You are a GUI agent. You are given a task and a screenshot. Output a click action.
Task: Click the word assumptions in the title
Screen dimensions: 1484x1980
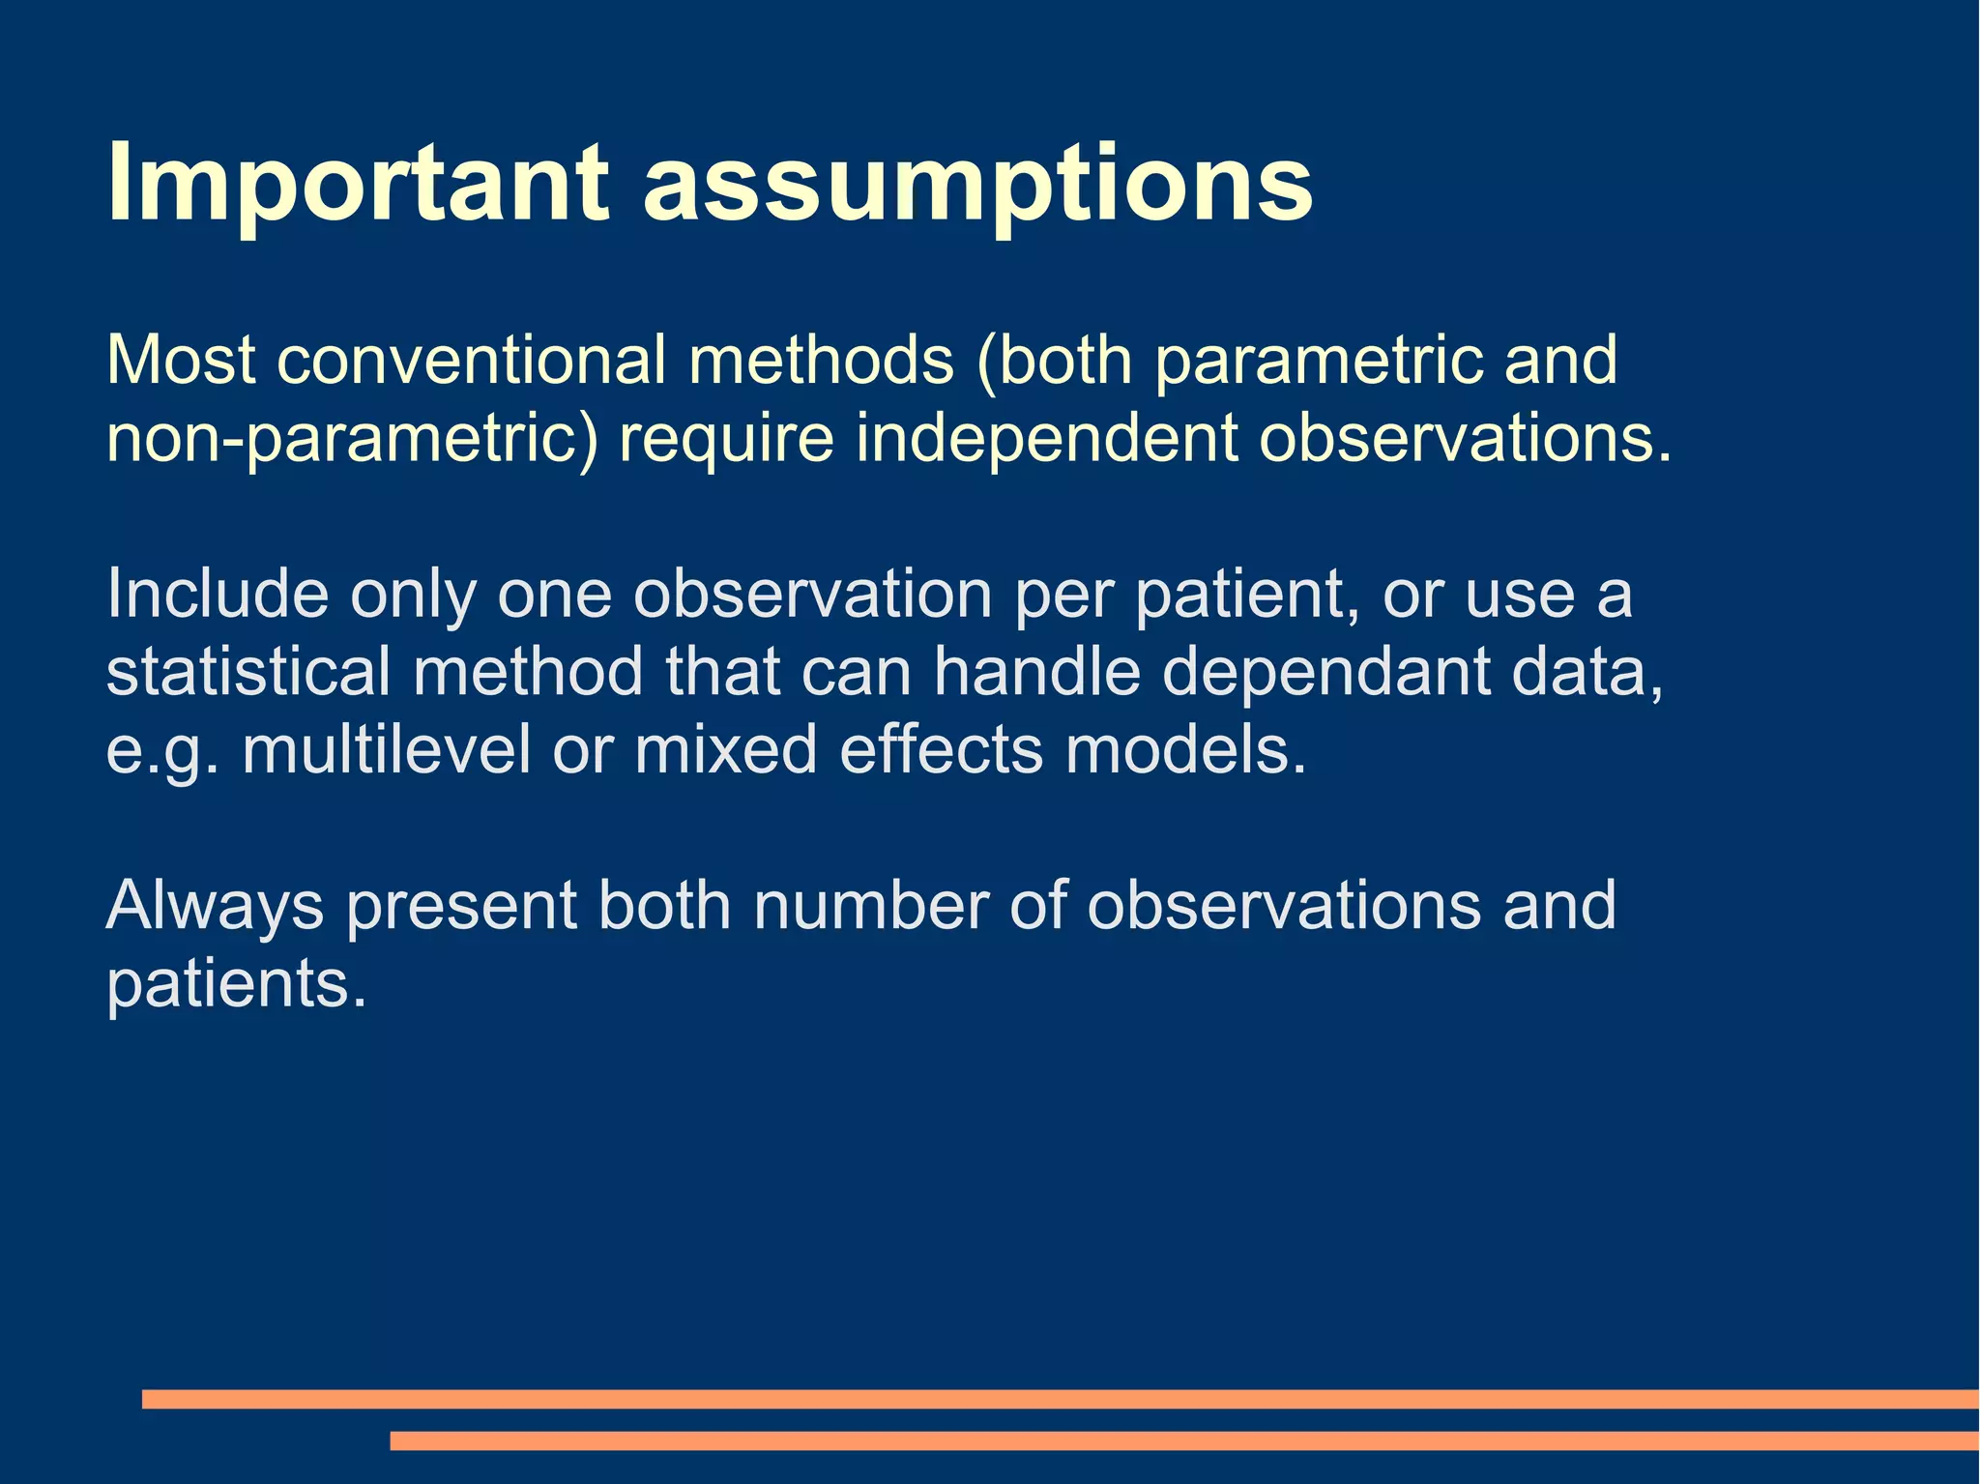pos(976,184)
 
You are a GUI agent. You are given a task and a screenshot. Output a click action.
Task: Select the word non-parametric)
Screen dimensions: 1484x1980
pos(352,438)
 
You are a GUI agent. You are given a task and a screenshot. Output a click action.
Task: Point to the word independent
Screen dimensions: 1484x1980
pos(1046,438)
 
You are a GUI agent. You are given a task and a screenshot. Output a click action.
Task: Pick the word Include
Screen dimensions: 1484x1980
pos(218,594)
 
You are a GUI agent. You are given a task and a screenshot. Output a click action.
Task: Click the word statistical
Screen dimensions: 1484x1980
pos(248,672)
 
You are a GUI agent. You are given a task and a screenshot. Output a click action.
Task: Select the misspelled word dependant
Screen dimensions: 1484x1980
pos(1325,672)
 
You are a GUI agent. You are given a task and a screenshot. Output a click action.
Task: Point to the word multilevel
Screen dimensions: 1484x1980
pos(387,750)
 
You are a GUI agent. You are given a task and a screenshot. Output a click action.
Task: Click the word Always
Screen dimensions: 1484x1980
pos(215,907)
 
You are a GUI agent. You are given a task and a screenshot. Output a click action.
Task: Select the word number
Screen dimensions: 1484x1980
pos(870,907)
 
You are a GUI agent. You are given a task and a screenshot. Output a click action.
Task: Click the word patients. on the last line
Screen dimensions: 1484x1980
pos(237,985)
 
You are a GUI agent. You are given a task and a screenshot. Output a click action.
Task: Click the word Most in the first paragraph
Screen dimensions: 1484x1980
pos(181,361)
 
